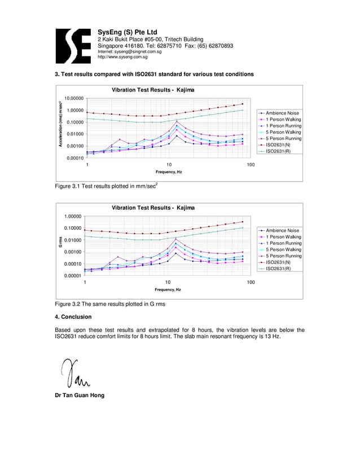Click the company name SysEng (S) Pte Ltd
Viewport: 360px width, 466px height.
click(x=128, y=32)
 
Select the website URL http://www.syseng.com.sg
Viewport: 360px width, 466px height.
click(x=123, y=57)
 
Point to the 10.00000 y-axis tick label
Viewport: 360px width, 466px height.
click(x=74, y=98)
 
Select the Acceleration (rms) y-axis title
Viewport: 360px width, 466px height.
click(x=59, y=127)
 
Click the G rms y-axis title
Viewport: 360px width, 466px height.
click(x=59, y=244)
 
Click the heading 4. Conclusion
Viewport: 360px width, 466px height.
click(x=73, y=316)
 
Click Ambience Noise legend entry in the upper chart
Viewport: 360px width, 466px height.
click(x=283, y=113)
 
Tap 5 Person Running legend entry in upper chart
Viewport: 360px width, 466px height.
click(x=283, y=139)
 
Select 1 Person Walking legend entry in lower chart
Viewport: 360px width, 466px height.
click(x=283, y=237)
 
